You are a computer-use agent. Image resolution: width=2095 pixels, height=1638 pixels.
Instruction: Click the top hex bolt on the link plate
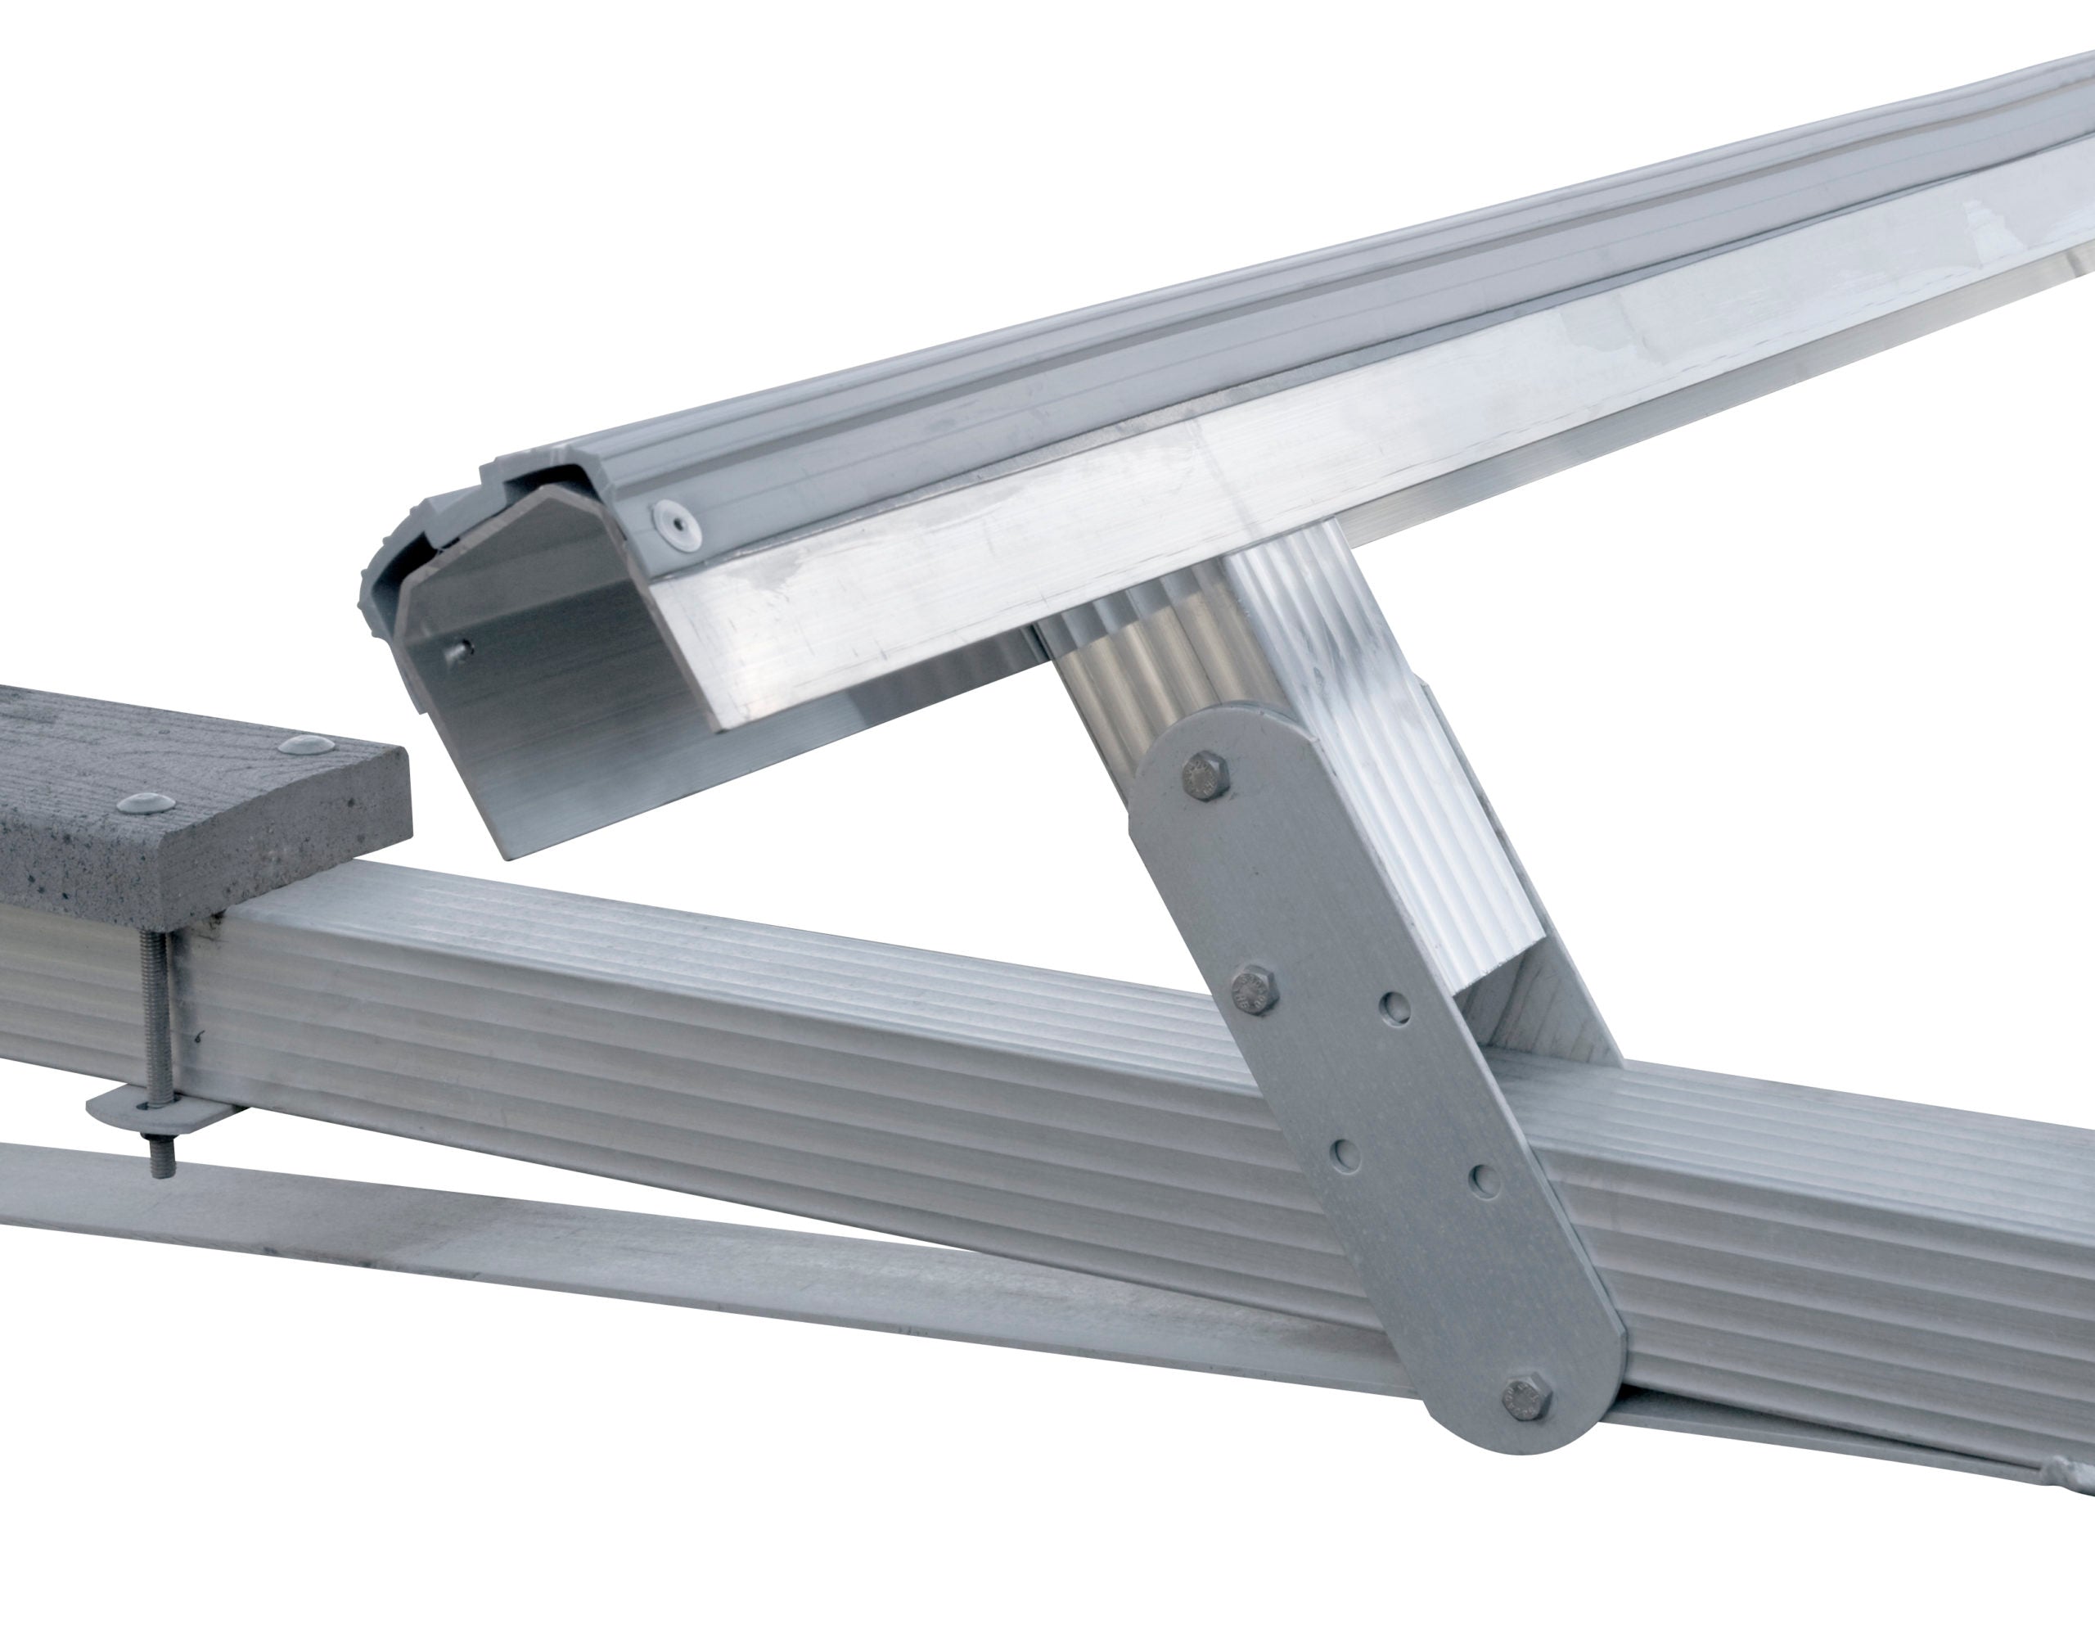pyautogui.click(x=1205, y=776)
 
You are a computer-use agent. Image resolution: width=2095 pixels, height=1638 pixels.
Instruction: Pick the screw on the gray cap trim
pyautogui.click(x=675, y=524)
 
